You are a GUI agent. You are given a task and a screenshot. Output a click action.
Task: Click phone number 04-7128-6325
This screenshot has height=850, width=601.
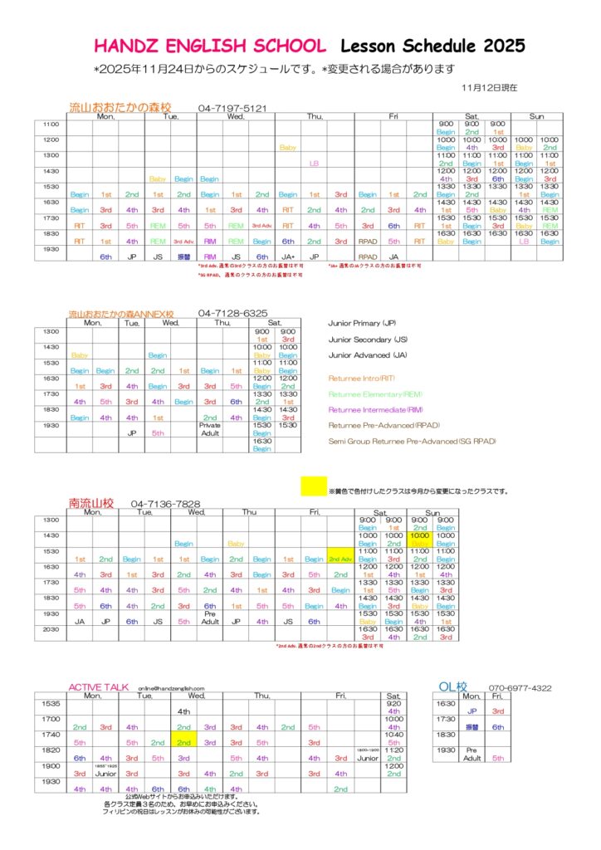click(233, 313)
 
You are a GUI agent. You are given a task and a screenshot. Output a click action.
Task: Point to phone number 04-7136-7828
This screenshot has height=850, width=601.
click(165, 504)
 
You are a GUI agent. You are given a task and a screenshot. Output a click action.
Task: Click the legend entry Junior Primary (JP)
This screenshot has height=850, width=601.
click(365, 323)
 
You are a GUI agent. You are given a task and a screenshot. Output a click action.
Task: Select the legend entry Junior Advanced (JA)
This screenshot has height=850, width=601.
click(369, 354)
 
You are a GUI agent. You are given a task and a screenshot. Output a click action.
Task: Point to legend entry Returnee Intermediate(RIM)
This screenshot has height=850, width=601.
click(380, 409)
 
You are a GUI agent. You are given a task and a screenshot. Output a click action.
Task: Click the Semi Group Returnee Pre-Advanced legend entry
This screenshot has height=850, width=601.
click(412, 441)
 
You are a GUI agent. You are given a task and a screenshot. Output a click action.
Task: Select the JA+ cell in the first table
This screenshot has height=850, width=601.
click(288, 256)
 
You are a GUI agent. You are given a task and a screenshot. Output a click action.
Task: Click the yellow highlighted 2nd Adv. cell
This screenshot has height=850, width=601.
click(340, 559)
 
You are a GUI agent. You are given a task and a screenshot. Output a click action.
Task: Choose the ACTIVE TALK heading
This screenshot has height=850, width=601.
click(99, 687)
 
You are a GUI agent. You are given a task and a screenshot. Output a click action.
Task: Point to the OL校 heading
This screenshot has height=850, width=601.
click(452, 686)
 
